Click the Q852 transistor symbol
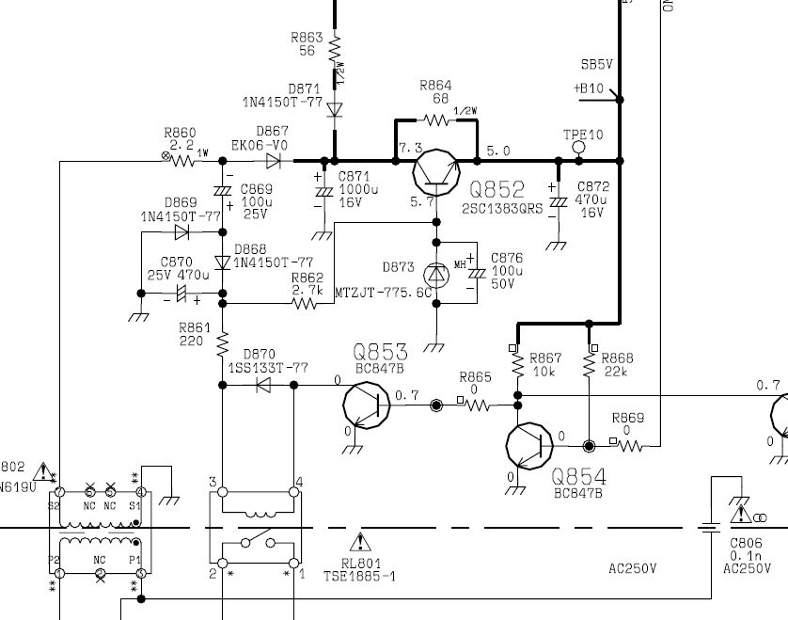(436, 172)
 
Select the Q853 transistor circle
(367, 405)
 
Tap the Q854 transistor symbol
(529, 446)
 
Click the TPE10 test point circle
(579, 147)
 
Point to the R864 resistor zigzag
(436, 120)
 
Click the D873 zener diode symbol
(436, 275)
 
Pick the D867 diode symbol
(274, 161)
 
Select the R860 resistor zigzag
(182, 161)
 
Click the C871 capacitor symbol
(324, 192)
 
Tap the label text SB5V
(596, 64)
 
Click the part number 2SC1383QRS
(502, 209)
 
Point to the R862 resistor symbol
(305, 303)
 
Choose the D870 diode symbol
(263, 385)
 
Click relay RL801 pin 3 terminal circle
(223, 492)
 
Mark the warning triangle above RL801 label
(360, 542)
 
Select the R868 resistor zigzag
(589, 365)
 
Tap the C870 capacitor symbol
(181, 294)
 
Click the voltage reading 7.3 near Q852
(411, 148)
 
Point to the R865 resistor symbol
(477, 405)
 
